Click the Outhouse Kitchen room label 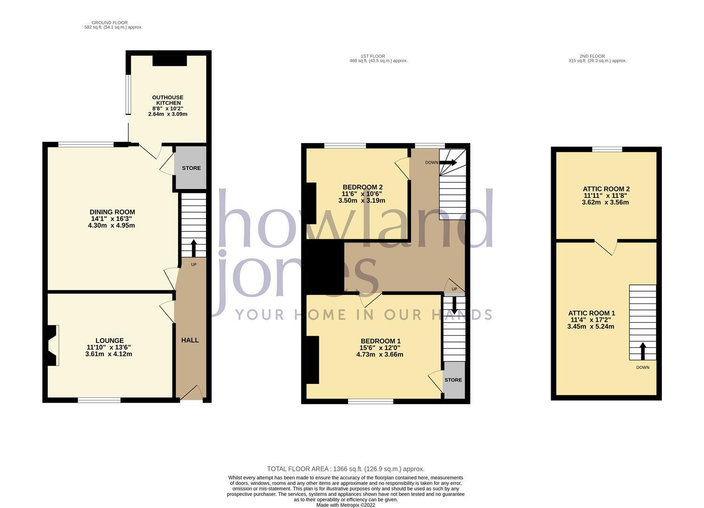point(168,106)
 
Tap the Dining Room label point(112,219)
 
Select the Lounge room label point(109,347)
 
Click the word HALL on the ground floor point(190,340)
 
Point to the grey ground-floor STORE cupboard point(191,168)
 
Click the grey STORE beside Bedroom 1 point(454,380)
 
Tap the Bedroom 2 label point(362,194)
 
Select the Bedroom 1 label point(380,348)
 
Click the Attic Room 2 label point(606,196)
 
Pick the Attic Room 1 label point(591,320)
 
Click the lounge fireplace point(53,345)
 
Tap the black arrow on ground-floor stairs point(194,248)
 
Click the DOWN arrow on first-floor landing point(448,163)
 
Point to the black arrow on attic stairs point(643,351)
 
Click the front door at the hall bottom point(191,393)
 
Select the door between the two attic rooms point(606,247)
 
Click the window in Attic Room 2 point(607,149)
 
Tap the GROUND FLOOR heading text point(110,23)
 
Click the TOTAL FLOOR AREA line point(346,469)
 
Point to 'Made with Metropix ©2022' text point(346,505)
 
